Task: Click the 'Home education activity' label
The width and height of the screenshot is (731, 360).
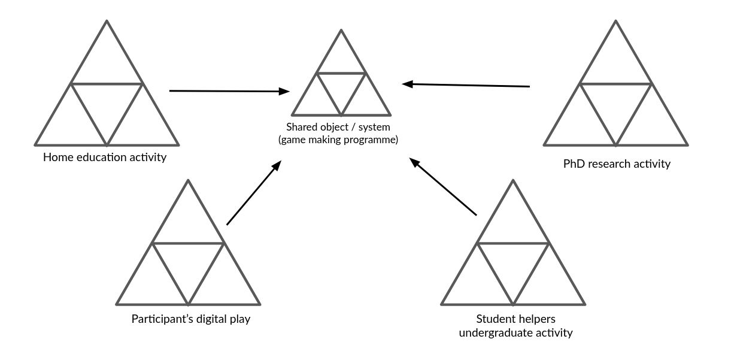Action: pos(105,158)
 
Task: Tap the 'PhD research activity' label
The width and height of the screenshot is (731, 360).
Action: pos(617,164)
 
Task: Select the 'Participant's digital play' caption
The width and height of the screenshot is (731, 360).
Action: pos(191,319)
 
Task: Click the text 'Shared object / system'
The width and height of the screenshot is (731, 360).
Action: pos(338,127)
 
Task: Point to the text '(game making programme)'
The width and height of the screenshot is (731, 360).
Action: pos(338,140)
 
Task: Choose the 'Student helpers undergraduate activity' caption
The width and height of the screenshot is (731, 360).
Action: pos(515,326)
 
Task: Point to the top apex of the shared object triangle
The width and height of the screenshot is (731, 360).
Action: pos(341,30)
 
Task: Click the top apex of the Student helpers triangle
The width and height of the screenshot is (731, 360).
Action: pos(513,180)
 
